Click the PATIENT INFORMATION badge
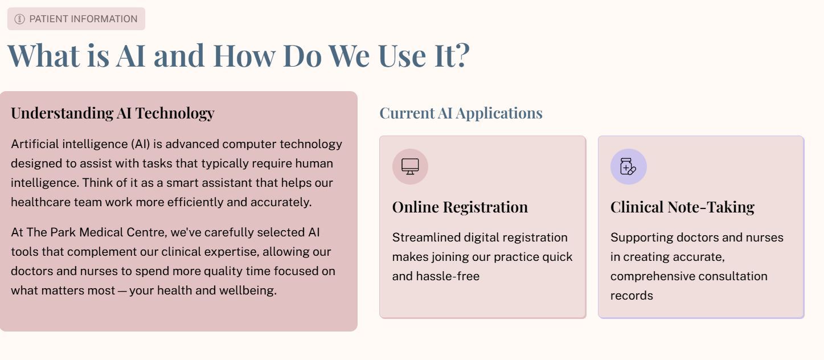click(76, 19)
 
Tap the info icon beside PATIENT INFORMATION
click(19, 19)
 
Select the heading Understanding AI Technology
click(112, 113)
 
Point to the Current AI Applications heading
click(461, 113)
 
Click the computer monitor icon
click(410, 166)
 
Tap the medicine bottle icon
click(628, 166)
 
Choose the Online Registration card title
click(460, 207)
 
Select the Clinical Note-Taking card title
click(682, 207)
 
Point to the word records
click(632, 296)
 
